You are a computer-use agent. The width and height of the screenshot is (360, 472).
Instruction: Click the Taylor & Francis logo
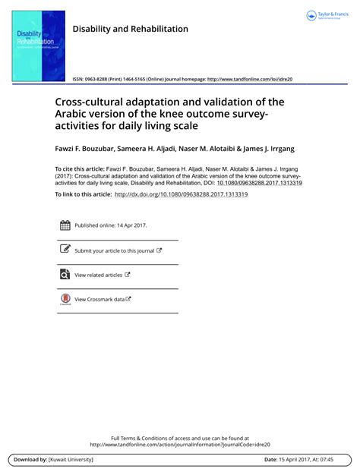tap(329, 16)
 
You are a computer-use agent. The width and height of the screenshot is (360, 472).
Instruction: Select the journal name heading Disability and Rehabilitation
tap(130, 29)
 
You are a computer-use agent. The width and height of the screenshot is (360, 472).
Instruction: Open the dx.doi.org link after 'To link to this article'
tap(181, 194)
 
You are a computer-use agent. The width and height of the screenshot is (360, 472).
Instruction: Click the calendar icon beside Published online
tap(65, 225)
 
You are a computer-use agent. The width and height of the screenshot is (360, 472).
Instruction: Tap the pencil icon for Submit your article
tap(65, 250)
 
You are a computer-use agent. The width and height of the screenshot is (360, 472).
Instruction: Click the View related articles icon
tap(65, 275)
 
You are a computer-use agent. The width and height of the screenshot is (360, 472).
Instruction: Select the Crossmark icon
tap(65, 300)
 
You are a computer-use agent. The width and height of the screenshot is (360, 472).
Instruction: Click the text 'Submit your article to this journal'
tap(114, 250)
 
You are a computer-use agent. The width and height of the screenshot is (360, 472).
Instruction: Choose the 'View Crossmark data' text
tap(99, 300)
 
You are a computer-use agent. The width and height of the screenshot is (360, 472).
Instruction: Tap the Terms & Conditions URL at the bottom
tap(180, 445)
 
